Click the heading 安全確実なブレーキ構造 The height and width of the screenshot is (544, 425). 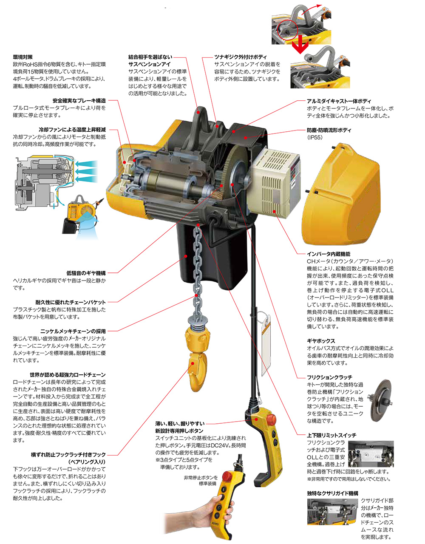point(79,101)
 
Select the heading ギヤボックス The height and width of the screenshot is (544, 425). point(321,341)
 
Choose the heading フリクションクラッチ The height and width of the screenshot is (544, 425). point(329,377)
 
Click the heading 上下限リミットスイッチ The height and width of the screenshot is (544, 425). point(331,435)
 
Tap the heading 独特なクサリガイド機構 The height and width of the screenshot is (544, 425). point(332,493)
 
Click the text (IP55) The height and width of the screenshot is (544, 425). point(315,138)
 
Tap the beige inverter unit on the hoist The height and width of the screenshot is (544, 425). point(276,181)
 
